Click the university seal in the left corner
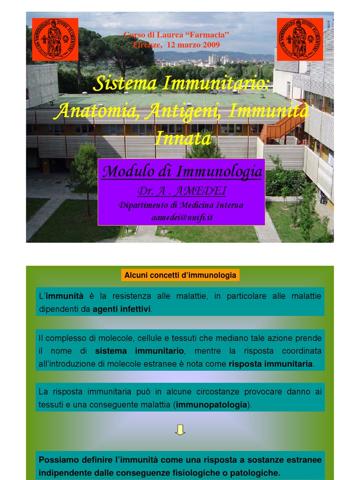coord(55,39)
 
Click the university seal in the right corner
coord(300,39)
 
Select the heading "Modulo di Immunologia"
coord(182,172)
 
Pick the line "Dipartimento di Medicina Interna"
coord(181,205)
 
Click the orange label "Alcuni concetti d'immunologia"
coord(180,275)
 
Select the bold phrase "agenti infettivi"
coord(122,309)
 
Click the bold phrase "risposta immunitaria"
coord(270,364)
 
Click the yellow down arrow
coord(180,430)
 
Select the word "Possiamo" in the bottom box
coord(56,460)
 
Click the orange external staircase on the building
coord(281,127)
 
